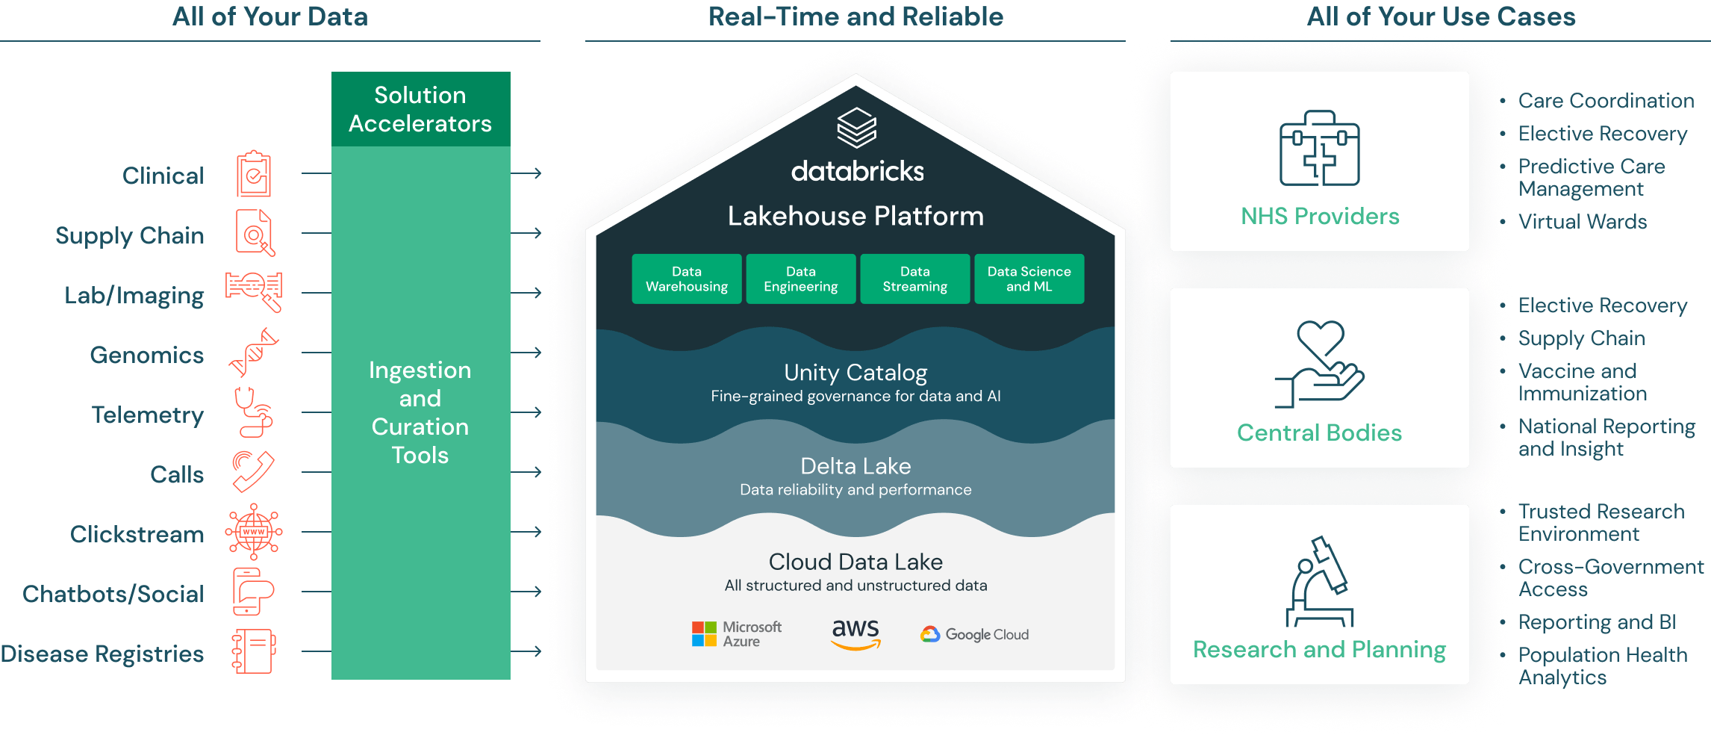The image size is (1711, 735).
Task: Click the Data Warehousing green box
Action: tap(687, 279)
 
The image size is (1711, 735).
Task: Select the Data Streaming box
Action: tap(914, 279)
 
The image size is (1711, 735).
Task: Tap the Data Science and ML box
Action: tap(1029, 279)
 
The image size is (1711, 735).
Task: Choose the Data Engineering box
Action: tap(800, 279)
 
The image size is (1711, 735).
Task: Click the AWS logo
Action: tap(855, 634)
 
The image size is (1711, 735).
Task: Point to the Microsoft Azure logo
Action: tap(736, 634)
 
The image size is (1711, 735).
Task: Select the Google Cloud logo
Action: tap(974, 634)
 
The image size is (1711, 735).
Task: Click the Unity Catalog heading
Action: tap(855, 372)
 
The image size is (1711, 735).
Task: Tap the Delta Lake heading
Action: tap(855, 466)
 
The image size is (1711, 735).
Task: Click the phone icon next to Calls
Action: tap(253, 471)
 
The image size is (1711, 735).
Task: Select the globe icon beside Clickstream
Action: tap(254, 532)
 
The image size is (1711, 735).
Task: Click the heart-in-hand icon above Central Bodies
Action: tap(1320, 365)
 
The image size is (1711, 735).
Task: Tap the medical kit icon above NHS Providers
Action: tap(1320, 149)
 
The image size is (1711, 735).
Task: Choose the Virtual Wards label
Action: tap(1583, 222)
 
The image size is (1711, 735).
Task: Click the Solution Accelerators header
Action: tap(420, 109)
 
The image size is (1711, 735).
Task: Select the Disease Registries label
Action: tap(102, 654)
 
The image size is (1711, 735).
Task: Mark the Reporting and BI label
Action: tap(1598, 622)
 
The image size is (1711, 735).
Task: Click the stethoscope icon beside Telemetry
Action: tap(254, 412)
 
